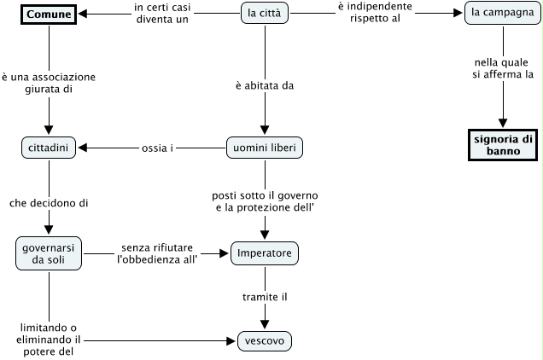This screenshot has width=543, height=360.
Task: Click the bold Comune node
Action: pos(47,15)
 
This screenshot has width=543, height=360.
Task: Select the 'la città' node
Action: pos(265,15)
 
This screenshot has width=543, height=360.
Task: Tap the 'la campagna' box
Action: pos(503,15)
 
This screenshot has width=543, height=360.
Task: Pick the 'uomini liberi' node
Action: pos(265,148)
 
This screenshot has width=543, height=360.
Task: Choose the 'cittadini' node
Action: pos(48,148)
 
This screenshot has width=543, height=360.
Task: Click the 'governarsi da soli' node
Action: pos(48,253)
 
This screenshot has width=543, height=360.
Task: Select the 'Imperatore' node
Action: pos(265,253)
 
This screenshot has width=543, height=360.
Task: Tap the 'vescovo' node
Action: pos(265,341)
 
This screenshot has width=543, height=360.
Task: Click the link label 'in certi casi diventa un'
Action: pos(161,15)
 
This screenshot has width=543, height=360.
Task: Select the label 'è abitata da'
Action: pos(265,85)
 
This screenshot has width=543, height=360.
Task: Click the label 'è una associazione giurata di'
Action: pos(48,83)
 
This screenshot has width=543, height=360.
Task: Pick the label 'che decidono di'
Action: pos(48,203)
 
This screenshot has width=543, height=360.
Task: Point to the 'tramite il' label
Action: pos(265,296)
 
